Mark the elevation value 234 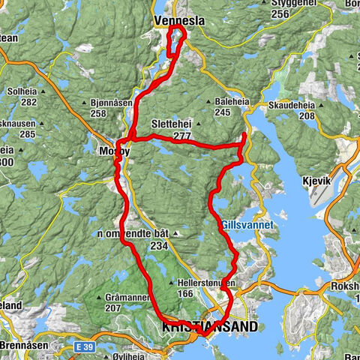click(158, 245)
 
